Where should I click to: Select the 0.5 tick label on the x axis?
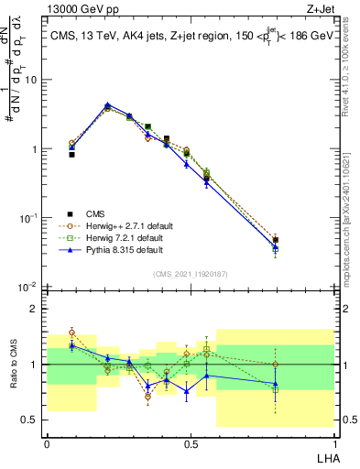pos(190,442)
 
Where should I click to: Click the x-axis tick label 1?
pos(334,442)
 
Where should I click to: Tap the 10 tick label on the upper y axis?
pos(29,80)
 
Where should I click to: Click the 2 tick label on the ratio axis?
pos(34,309)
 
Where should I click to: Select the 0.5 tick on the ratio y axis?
pos(29,420)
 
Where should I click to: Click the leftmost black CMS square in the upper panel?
pos(71,155)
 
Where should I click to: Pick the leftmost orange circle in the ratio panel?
pos(71,333)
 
